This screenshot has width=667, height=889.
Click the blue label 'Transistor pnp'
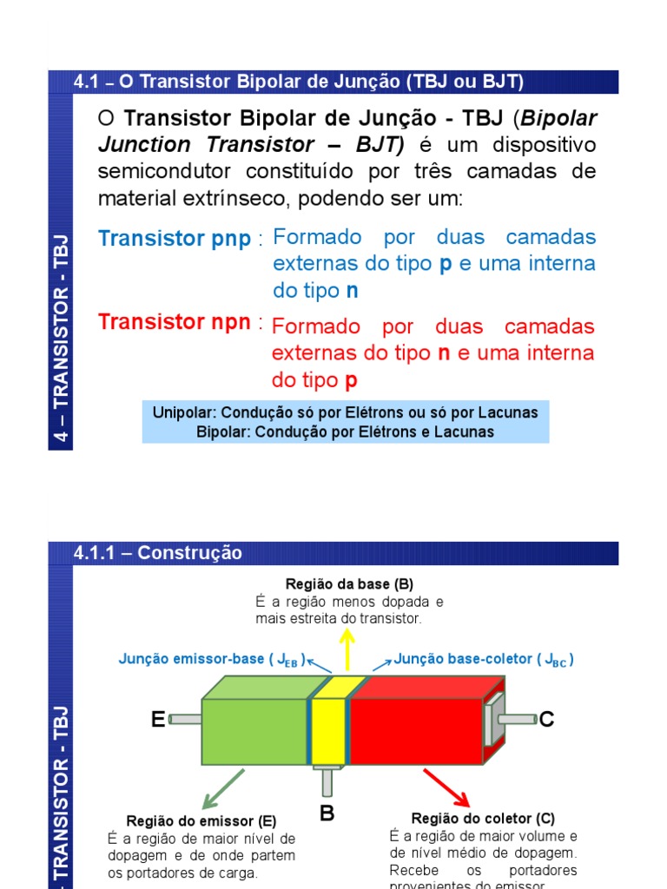click(x=175, y=239)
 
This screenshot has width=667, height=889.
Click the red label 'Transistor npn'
click(x=175, y=322)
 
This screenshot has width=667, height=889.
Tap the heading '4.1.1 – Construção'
click(x=158, y=553)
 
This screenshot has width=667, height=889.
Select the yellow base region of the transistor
click(x=328, y=730)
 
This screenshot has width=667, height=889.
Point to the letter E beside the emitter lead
click(x=158, y=720)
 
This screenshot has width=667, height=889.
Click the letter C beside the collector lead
click(x=546, y=720)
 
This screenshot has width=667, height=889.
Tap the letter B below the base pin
click(x=327, y=813)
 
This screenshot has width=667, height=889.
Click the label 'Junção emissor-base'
click(x=191, y=659)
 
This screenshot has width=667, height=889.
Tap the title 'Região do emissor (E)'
click(x=201, y=820)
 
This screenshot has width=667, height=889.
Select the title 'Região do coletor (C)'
click(x=483, y=818)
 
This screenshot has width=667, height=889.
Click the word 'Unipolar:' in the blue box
click(x=184, y=412)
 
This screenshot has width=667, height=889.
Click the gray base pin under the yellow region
click(x=327, y=781)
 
